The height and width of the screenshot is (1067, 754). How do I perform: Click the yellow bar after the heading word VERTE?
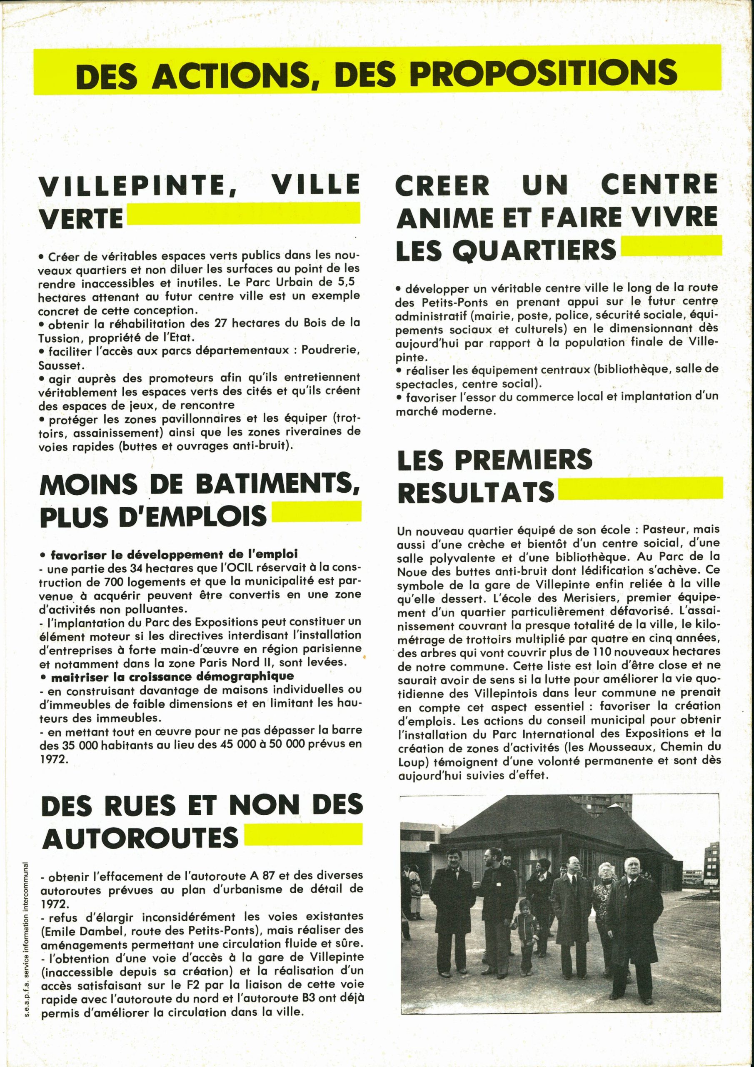tap(243, 214)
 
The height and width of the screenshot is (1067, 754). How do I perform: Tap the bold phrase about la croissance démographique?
tap(172, 676)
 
